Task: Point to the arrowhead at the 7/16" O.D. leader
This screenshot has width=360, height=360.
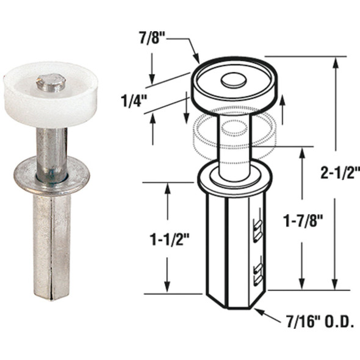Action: (256, 311)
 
